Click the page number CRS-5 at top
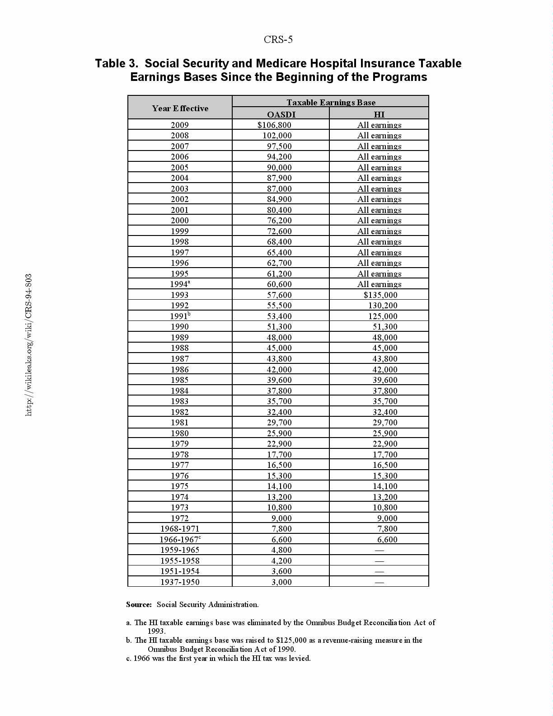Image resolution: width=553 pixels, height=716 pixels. (278, 40)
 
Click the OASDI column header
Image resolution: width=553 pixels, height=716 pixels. (281, 114)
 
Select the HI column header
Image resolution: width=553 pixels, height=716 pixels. (379, 114)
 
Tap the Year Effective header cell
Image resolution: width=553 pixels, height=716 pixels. (180, 108)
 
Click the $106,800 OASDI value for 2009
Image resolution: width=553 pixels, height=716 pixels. (274, 125)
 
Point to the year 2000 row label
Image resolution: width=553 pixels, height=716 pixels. (180, 221)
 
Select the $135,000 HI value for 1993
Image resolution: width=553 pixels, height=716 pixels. (380, 295)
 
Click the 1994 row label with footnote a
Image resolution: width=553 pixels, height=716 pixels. (180, 284)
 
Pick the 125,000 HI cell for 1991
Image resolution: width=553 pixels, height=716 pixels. (383, 316)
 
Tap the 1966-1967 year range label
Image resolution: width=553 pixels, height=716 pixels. (180, 540)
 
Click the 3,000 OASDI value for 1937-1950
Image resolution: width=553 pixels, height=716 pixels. (281, 582)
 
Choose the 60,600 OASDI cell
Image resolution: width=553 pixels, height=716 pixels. (279, 284)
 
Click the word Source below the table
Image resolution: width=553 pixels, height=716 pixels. (139, 605)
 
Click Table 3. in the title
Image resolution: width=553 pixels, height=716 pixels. (116, 63)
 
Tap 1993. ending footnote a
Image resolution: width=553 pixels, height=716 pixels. (156, 631)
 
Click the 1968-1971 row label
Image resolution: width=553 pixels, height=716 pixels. (180, 529)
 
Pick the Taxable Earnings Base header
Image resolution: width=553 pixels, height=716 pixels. (331, 102)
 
